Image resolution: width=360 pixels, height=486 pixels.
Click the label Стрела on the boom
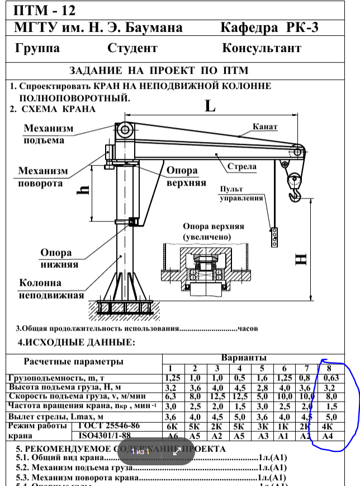(x=242, y=166)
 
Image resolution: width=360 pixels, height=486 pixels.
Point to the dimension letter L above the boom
(x=210, y=106)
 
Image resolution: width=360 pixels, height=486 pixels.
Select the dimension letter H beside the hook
(x=301, y=259)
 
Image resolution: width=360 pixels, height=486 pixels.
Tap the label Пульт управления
(x=241, y=194)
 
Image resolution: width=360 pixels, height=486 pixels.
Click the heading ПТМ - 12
(x=44, y=11)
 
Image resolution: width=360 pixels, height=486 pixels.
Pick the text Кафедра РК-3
(x=270, y=27)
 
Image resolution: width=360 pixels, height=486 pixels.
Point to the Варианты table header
(x=244, y=358)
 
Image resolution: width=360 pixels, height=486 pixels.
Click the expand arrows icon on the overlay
(x=177, y=451)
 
